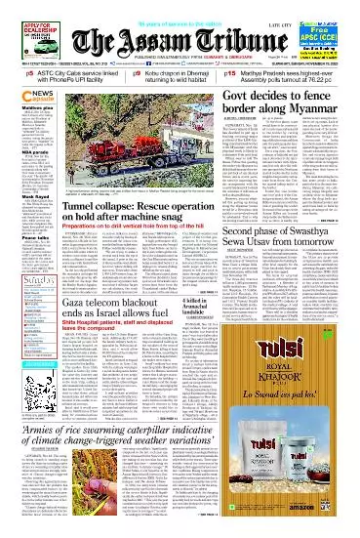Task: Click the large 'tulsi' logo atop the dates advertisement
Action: pyautogui.click(x=297, y=384)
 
